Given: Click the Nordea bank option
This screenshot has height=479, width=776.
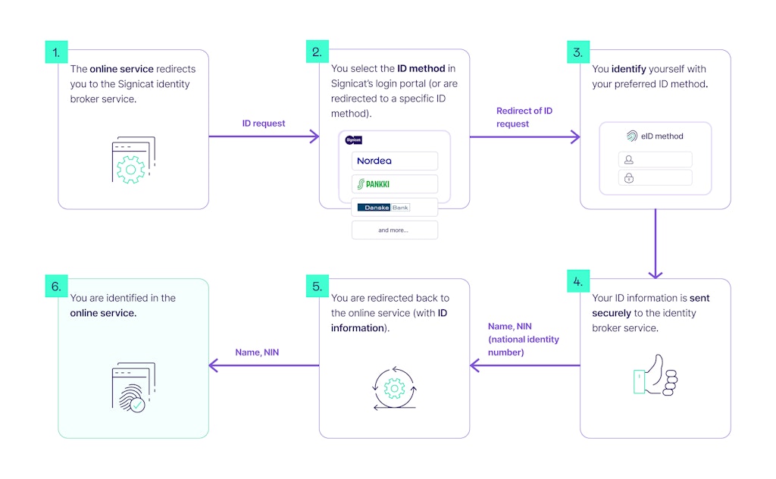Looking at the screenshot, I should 394,161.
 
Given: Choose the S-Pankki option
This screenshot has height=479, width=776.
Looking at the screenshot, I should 394,184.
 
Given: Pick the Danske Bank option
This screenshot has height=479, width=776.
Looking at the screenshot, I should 394,208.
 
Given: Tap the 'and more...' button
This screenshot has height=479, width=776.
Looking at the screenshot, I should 394,230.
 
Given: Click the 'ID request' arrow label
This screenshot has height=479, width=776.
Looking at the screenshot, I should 263,123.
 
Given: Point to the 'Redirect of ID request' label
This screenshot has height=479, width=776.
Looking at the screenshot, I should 524,117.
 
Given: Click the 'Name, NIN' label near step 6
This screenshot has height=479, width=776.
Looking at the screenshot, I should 257,352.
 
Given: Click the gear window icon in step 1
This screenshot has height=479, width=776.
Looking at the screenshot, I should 133,160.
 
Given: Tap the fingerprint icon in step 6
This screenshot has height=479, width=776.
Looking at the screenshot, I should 133,390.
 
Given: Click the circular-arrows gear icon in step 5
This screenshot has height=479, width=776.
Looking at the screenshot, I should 393,390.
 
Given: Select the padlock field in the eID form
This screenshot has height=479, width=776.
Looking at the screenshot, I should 655,178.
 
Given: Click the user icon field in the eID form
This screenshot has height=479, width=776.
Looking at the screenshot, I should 655,160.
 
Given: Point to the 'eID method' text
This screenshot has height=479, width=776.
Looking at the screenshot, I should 662,136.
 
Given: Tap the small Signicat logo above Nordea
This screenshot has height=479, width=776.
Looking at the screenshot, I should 353,139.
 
